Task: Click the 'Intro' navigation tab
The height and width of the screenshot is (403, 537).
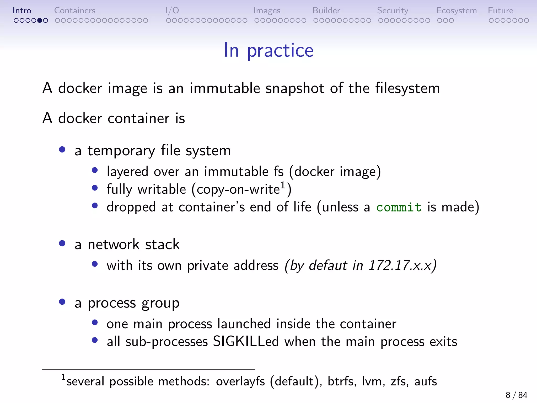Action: (x=22, y=10)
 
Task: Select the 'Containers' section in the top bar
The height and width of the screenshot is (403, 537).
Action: (x=75, y=10)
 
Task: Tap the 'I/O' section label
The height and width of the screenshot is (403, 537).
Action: (x=172, y=10)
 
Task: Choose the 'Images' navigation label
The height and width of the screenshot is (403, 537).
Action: (x=267, y=10)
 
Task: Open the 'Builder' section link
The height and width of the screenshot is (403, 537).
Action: (x=326, y=10)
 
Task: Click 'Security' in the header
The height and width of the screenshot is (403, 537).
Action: (x=393, y=10)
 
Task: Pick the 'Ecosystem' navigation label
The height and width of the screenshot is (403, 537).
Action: (x=457, y=10)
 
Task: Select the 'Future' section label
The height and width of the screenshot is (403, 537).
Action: (x=501, y=10)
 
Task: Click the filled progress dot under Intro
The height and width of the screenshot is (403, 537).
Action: (x=40, y=20)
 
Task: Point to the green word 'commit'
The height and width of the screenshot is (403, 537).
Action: (x=399, y=207)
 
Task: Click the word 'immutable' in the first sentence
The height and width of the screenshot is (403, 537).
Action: (x=225, y=88)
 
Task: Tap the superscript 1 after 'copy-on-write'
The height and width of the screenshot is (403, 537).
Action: (x=283, y=185)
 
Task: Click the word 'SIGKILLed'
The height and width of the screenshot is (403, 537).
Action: (x=246, y=342)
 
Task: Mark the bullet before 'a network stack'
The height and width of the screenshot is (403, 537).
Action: (x=62, y=243)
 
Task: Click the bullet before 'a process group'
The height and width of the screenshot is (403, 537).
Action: (x=62, y=302)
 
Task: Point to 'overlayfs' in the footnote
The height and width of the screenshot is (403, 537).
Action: (x=240, y=381)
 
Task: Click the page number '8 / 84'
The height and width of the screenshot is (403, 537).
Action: (x=516, y=395)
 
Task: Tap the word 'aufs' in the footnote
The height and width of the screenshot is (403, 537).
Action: (x=426, y=381)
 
